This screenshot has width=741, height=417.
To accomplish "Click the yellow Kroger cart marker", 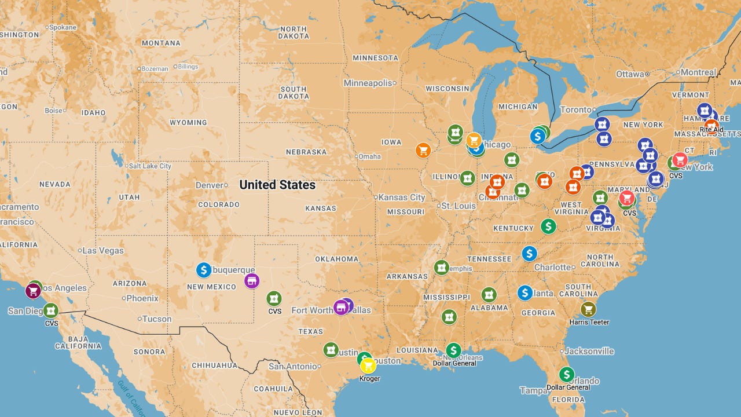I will (368, 365).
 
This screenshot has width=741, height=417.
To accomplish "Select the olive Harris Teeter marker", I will (588, 309).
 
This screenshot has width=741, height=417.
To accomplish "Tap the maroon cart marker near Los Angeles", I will (34, 291).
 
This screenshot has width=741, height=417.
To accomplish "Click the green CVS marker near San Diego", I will (51, 310).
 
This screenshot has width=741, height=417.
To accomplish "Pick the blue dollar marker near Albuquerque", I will (203, 270).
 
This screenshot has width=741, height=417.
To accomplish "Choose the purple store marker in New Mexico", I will (251, 281).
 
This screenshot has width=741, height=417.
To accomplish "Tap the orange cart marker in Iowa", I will (423, 151).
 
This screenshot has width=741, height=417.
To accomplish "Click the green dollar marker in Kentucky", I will (548, 226).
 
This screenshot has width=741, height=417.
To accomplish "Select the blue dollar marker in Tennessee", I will (529, 253).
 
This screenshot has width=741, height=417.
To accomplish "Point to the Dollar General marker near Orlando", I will (567, 375).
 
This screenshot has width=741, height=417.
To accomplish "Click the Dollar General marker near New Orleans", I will (453, 350).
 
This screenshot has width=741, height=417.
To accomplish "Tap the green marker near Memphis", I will (442, 267).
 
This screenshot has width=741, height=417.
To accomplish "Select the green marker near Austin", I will (331, 350).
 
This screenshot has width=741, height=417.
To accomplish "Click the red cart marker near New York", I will (680, 160).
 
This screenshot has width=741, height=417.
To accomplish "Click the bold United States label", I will (277, 185).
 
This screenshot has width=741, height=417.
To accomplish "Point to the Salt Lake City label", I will (150, 166).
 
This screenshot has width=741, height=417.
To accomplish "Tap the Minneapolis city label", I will (368, 83).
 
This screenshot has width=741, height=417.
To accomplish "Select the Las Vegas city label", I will (103, 251).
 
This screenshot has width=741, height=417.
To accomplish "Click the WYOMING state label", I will (188, 123).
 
